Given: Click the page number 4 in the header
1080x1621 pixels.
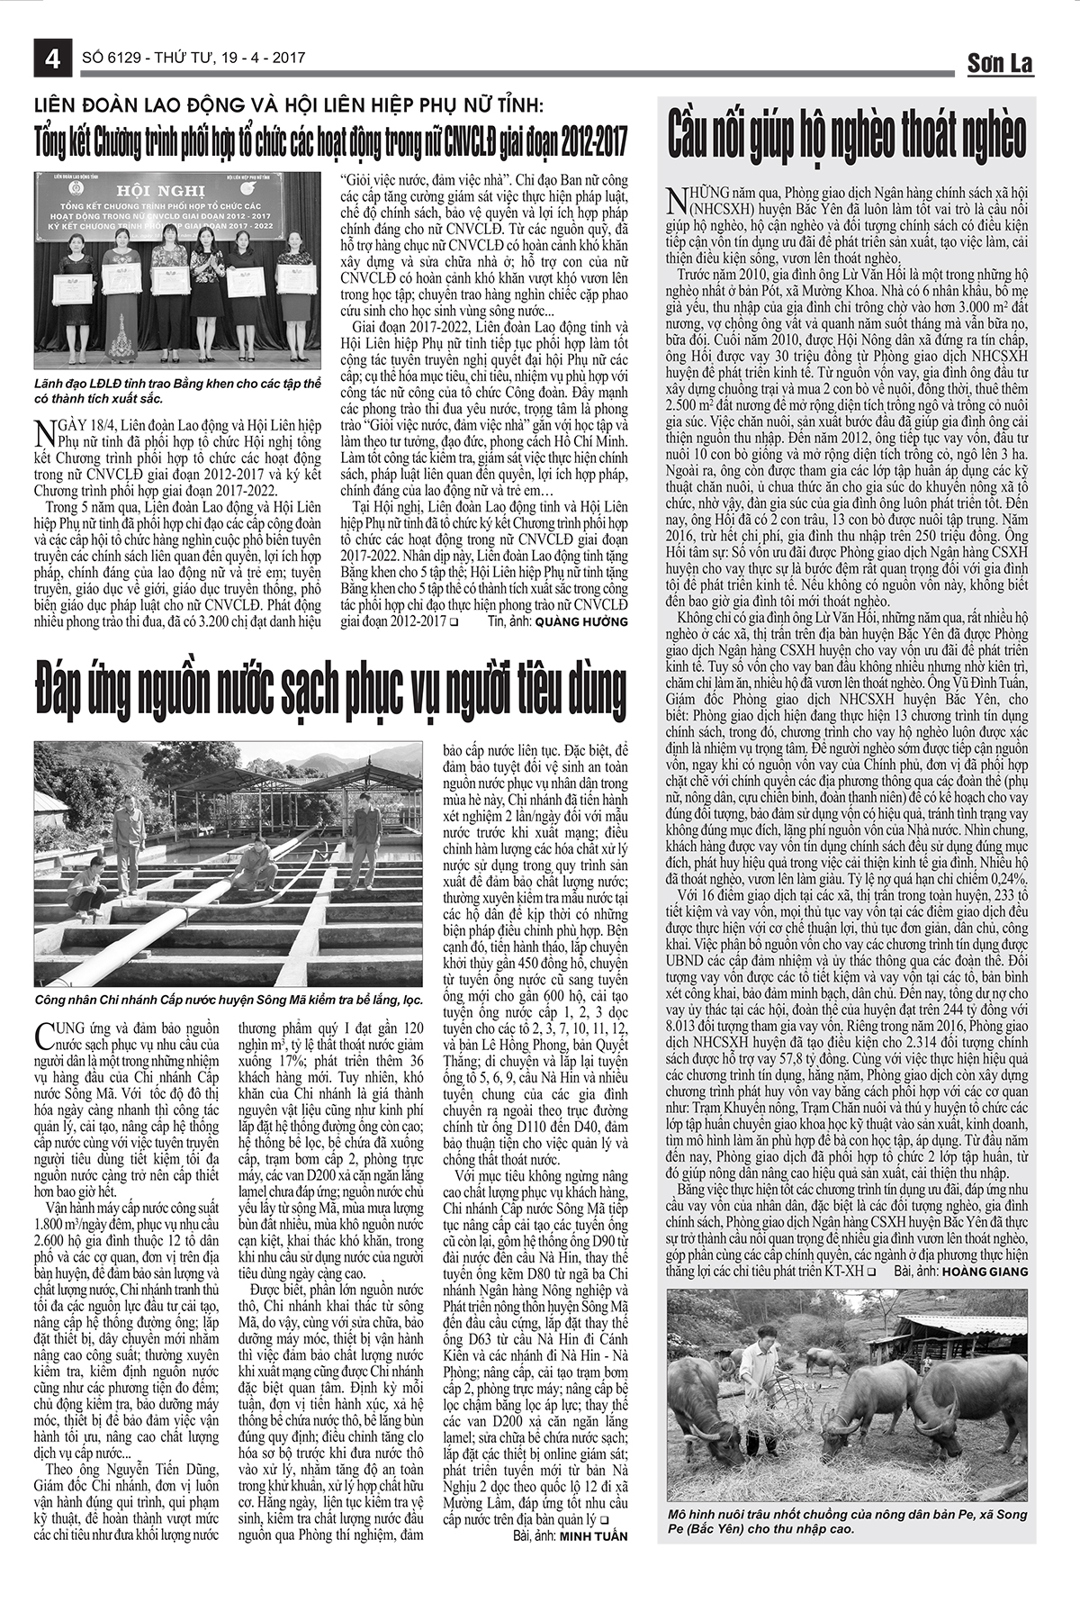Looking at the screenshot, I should click(x=51, y=60).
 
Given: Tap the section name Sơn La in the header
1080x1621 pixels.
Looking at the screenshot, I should click(x=1000, y=63).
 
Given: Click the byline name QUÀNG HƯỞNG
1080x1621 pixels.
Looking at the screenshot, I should click(x=581, y=621).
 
